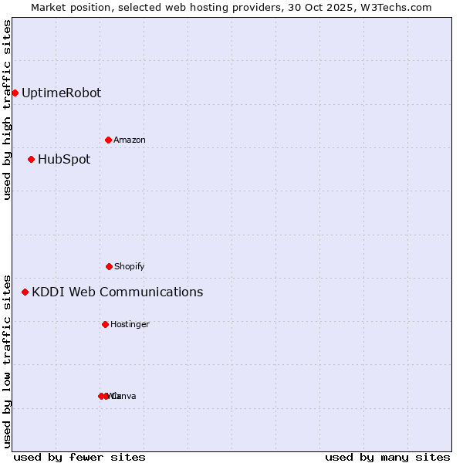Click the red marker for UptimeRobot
pyautogui.click(x=15, y=93)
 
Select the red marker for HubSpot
pyautogui.click(x=31, y=159)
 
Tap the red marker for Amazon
pyautogui.click(x=108, y=140)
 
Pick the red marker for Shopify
pyautogui.click(x=109, y=266)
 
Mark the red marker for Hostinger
pyautogui.click(x=105, y=324)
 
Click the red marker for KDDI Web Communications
pyautogui.click(x=25, y=292)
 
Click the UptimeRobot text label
pyautogui.click(x=61, y=93)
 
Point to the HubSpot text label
pyautogui.click(x=64, y=159)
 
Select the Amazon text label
pyautogui.click(x=130, y=140)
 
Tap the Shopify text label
pyautogui.click(x=130, y=266)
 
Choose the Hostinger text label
pyautogui.click(x=130, y=324)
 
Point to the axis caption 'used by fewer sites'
pyautogui.click(x=79, y=457)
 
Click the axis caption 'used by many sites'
pyautogui.click(x=387, y=457)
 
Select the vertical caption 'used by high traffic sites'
pyautogui.click(x=7, y=110)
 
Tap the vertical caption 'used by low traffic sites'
pyautogui.click(x=7, y=360)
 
